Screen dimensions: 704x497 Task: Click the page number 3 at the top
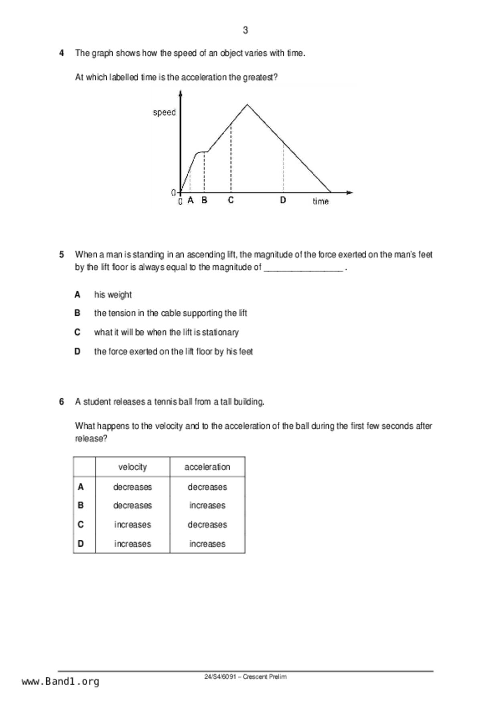(245, 30)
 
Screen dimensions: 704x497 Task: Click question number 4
(61, 53)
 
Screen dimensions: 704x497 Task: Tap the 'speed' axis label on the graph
(164, 112)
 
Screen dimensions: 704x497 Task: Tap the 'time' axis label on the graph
(321, 201)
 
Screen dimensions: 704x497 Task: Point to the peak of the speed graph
(247, 105)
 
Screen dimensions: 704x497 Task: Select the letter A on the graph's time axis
(191, 200)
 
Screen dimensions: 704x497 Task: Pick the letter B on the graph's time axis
(204, 200)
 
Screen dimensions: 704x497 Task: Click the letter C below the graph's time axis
(231, 200)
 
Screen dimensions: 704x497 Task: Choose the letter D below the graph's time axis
(283, 200)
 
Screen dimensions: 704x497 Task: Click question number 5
(61, 254)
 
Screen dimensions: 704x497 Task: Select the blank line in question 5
(303, 270)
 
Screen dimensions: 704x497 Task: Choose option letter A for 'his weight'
(77, 295)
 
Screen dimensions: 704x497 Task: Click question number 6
(61, 402)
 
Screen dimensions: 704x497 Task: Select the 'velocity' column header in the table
(132, 467)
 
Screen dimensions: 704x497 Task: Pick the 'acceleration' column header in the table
(207, 467)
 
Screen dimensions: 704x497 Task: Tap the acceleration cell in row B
(207, 505)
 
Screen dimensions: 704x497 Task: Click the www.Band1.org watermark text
(60, 681)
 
